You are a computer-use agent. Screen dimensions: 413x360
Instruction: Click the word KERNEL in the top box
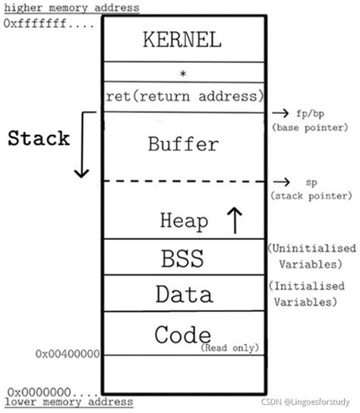click(182, 40)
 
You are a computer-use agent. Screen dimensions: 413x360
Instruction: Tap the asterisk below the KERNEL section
click(183, 74)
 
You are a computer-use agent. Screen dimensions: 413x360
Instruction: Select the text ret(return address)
click(185, 96)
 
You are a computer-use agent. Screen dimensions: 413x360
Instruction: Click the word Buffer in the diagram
click(184, 143)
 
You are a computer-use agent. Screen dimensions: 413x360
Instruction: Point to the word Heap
click(184, 220)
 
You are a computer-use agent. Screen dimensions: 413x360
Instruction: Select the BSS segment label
click(182, 258)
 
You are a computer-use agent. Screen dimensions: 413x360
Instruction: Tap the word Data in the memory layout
click(184, 293)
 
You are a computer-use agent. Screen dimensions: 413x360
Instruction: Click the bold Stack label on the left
click(39, 139)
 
